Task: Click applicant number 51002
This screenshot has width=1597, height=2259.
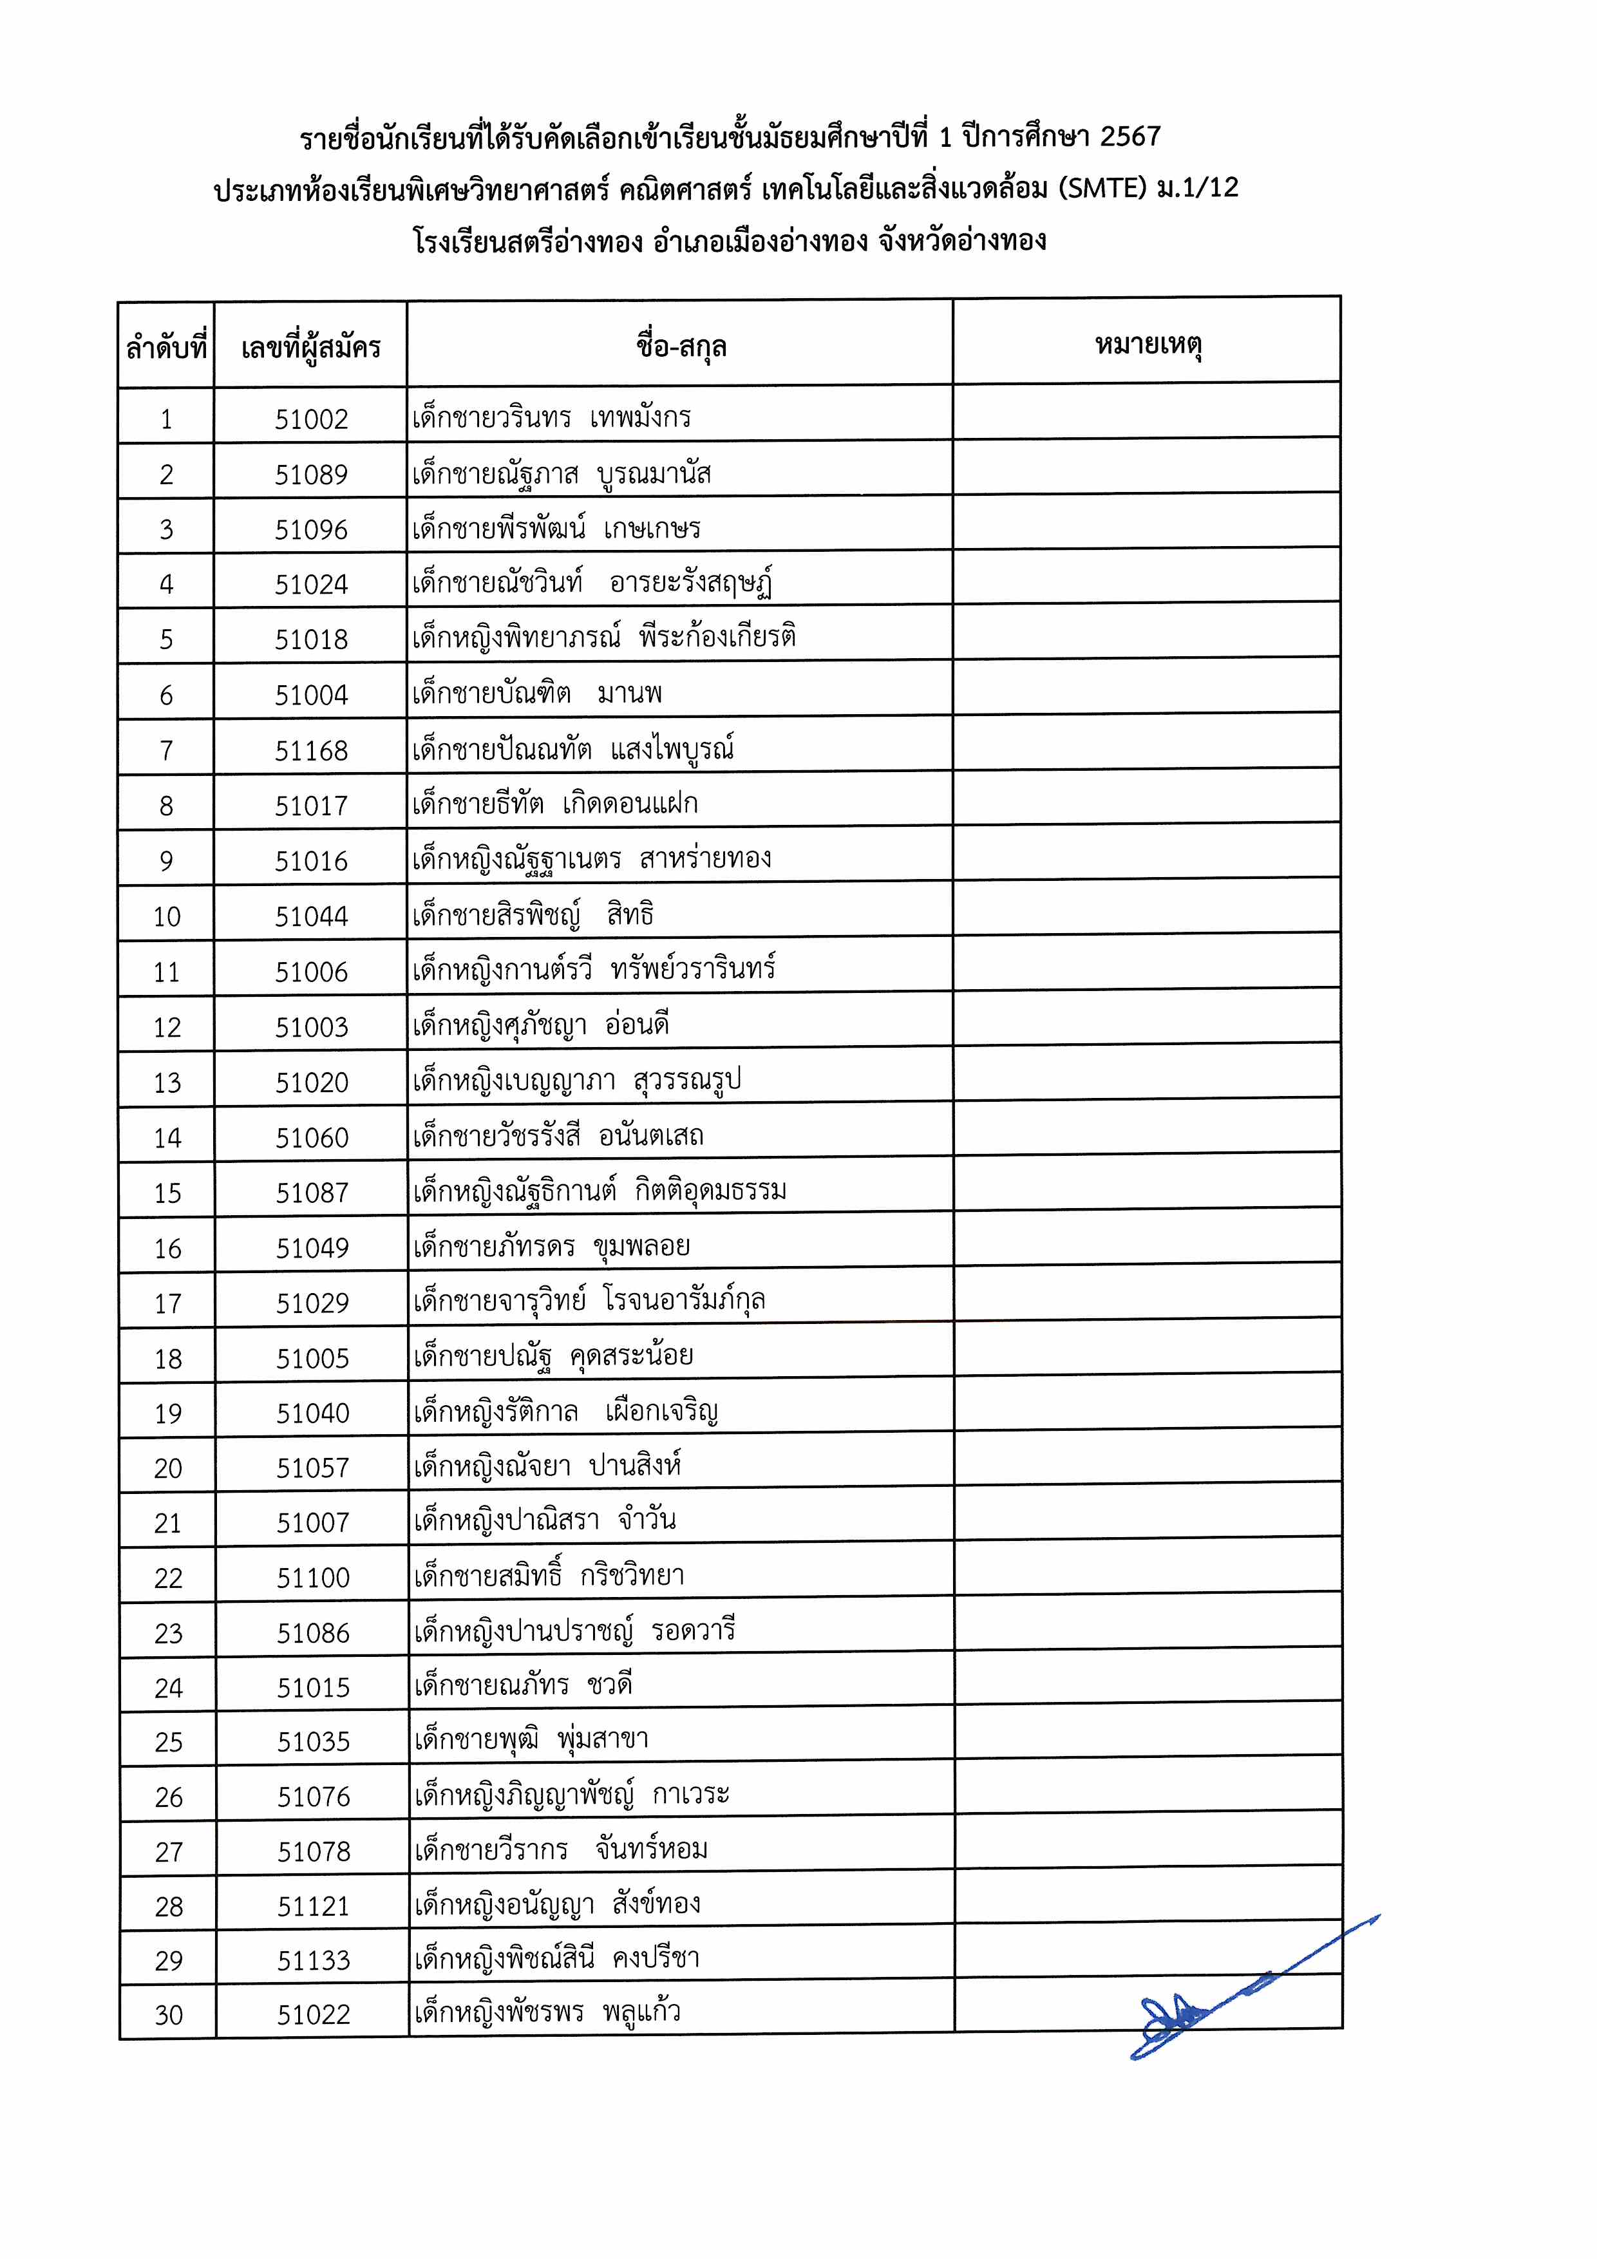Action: coord(311,419)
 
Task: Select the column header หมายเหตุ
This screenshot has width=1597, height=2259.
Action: coord(1148,345)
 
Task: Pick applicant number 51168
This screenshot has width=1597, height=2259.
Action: coord(311,751)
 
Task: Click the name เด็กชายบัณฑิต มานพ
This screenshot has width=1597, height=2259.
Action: coord(537,694)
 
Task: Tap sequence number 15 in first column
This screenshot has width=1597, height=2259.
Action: coord(167,1193)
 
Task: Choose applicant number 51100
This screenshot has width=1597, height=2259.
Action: coord(313,1578)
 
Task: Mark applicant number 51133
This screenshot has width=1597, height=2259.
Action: coord(313,1960)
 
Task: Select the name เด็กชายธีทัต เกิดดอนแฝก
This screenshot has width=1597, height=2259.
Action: coord(555,804)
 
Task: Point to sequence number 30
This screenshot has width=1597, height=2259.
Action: coord(168,2015)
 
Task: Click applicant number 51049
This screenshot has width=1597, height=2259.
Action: coord(312,1249)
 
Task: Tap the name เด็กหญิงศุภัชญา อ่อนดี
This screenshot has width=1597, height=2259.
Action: coord(541,1025)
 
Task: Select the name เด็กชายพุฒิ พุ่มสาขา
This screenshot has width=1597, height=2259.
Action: coord(531,1739)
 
